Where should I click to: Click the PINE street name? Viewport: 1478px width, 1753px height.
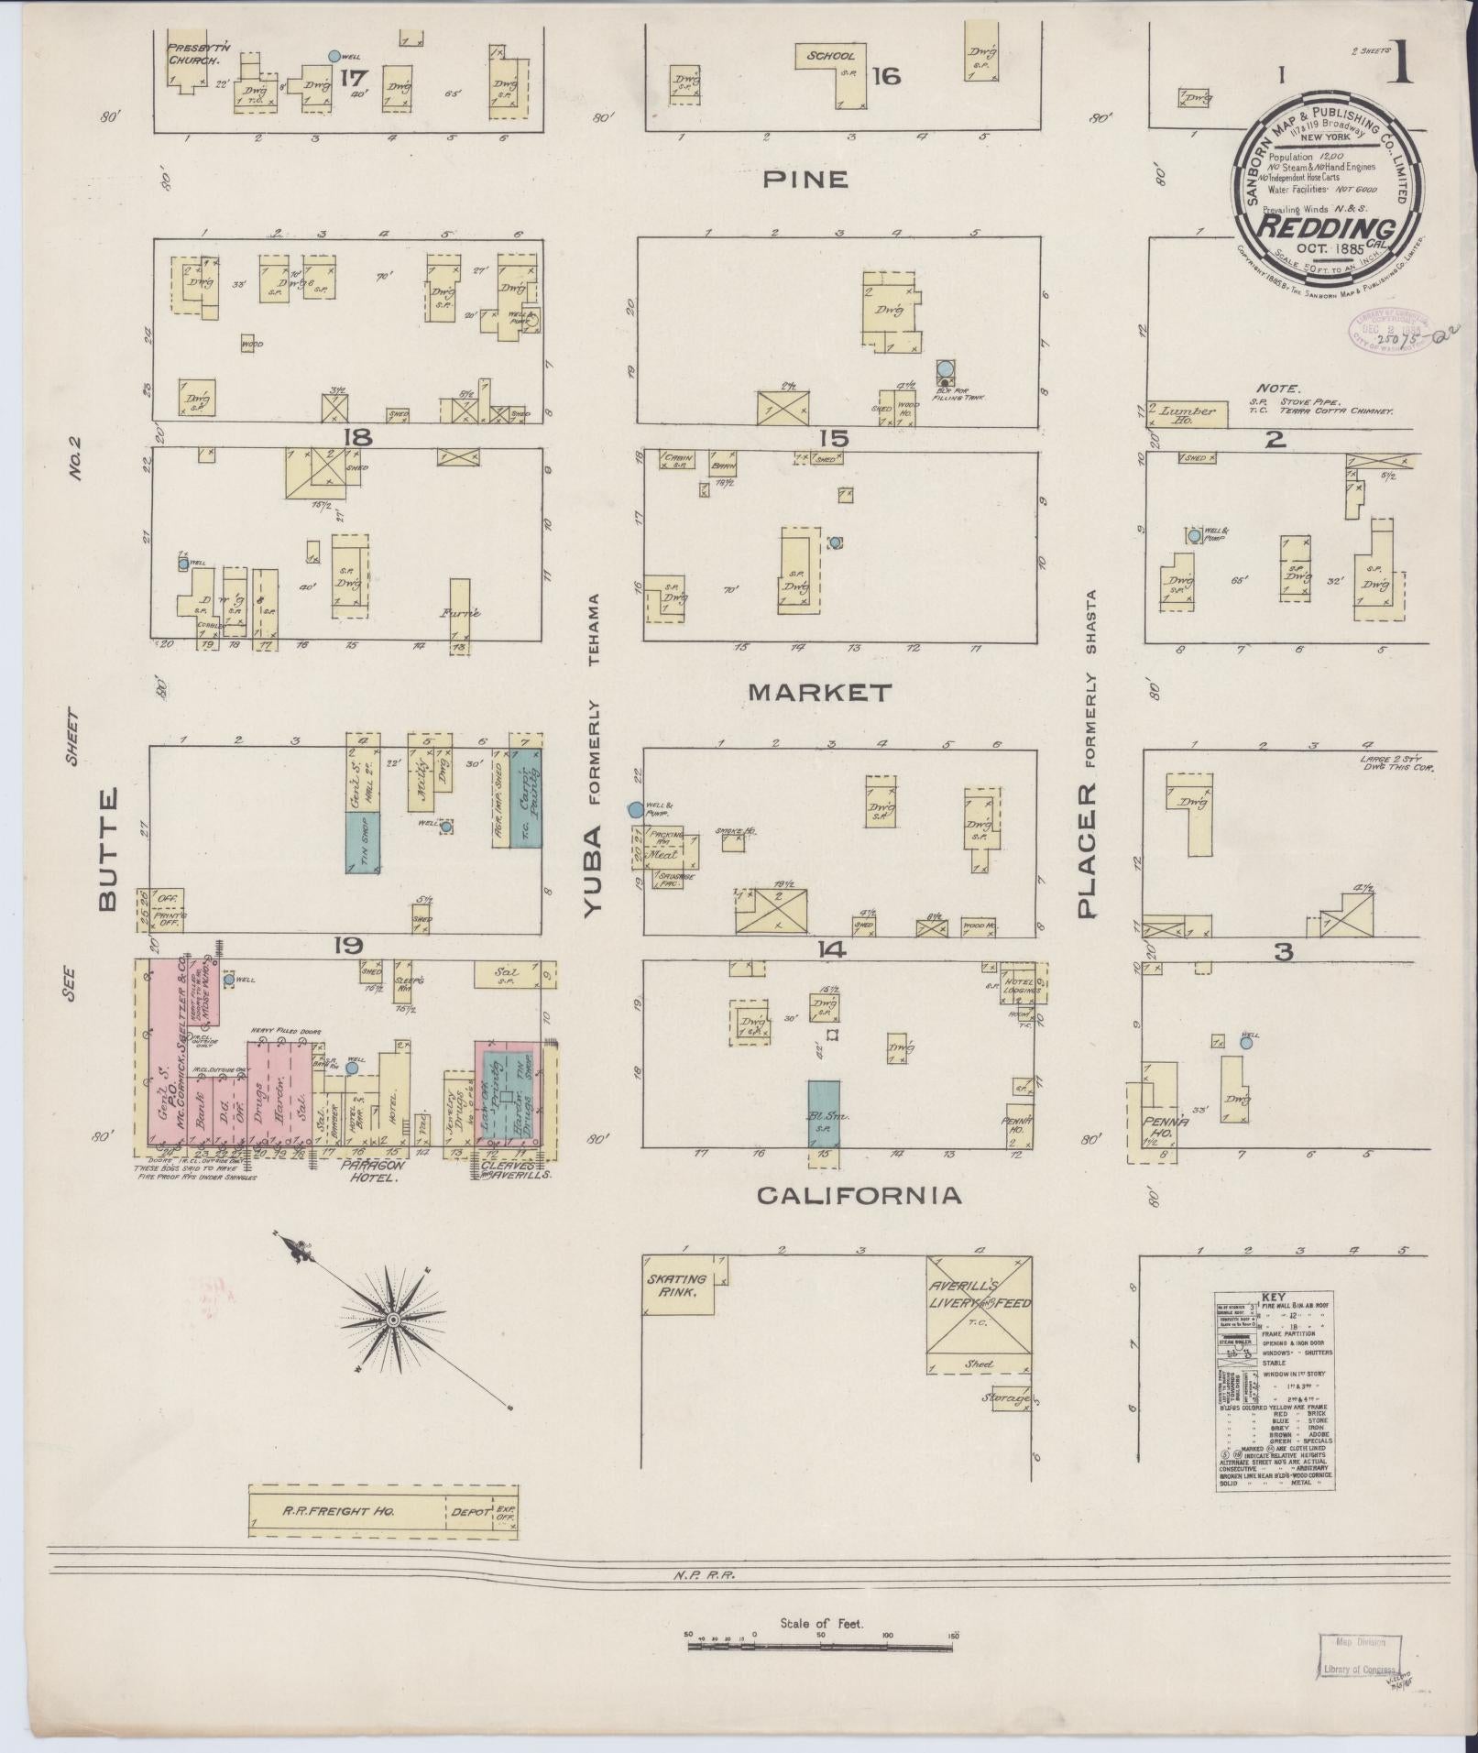click(805, 180)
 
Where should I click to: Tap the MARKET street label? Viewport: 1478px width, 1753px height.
click(819, 693)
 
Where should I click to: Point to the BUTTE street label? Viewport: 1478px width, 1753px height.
click(107, 850)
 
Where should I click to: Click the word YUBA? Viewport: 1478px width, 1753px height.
click(594, 871)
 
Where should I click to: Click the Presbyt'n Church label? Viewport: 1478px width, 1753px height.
click(192, 52)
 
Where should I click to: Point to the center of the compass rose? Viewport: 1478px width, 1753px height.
click(393, 1320)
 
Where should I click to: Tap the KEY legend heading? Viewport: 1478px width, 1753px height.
click(1274, 1298)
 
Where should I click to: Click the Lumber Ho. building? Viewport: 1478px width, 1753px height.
click(1186, 413)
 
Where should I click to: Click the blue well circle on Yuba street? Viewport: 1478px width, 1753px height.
click(634, 809)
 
